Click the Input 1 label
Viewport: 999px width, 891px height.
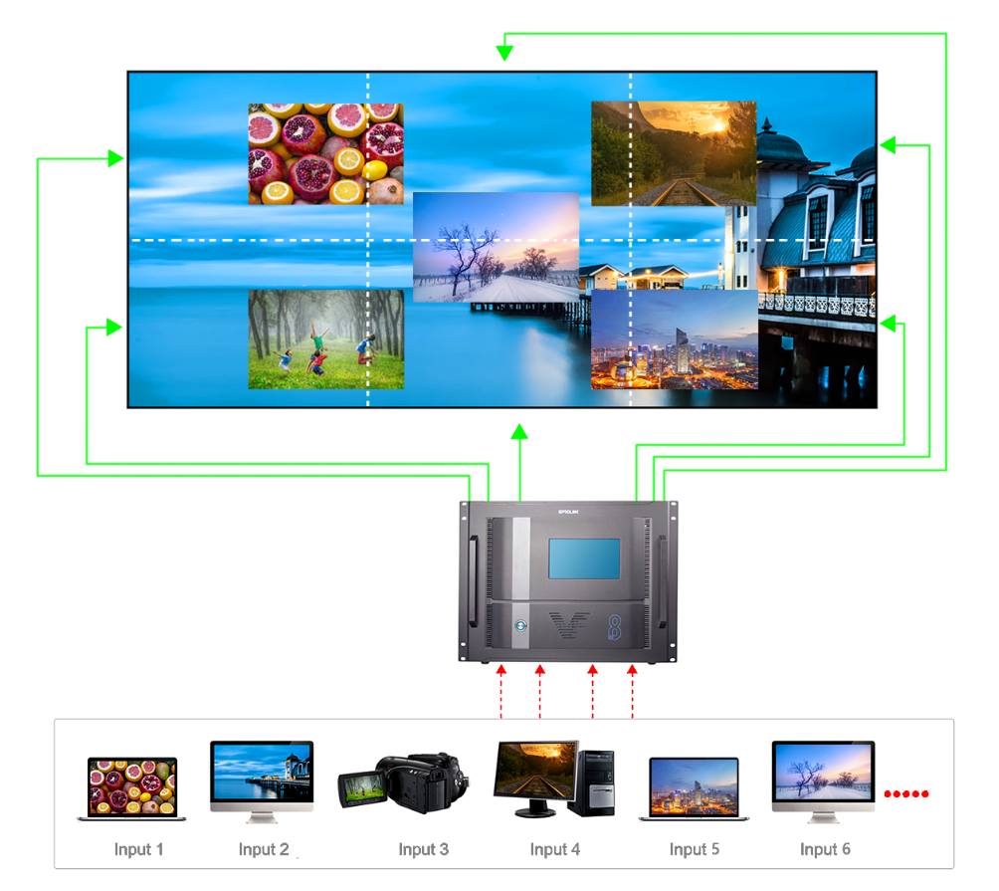point(138,849)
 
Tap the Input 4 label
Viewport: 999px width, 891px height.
point(554,849)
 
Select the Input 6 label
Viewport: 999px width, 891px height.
point(825,849)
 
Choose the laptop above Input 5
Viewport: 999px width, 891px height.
point(694,789)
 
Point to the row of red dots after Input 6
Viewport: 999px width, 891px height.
point(906,793)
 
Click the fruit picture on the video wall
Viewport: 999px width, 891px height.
point(325,153)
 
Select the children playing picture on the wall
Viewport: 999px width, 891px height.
point(325,338)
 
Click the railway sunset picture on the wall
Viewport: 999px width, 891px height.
point(673,153)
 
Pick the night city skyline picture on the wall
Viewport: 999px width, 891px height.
point(674,338)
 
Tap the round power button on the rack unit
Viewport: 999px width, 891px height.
point(518,626)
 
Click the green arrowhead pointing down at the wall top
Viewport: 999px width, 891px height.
point(505,51)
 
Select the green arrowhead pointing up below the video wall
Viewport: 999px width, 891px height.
point(518,431)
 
